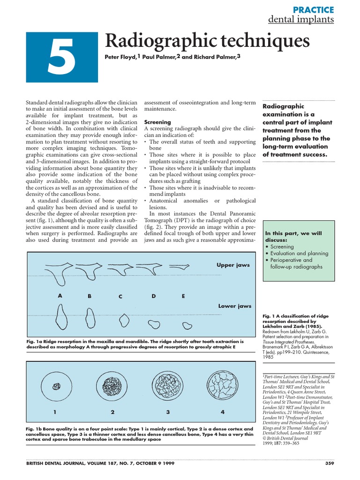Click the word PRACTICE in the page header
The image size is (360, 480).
pos(313,9)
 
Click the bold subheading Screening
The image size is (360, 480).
pos(157,121)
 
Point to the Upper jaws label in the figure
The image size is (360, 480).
pos(233,265)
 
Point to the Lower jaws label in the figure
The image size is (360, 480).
pos(234,306)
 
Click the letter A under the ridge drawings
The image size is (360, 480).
pos(60,296)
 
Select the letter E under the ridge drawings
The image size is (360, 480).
pos(183,296)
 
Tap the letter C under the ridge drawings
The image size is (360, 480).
pos(120,297)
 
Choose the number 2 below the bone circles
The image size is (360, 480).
pos(112,412)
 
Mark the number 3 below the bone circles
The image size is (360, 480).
pos(167,412)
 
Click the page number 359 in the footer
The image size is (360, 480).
pos(329,464)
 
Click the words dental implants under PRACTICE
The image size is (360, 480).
pos(300,20)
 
